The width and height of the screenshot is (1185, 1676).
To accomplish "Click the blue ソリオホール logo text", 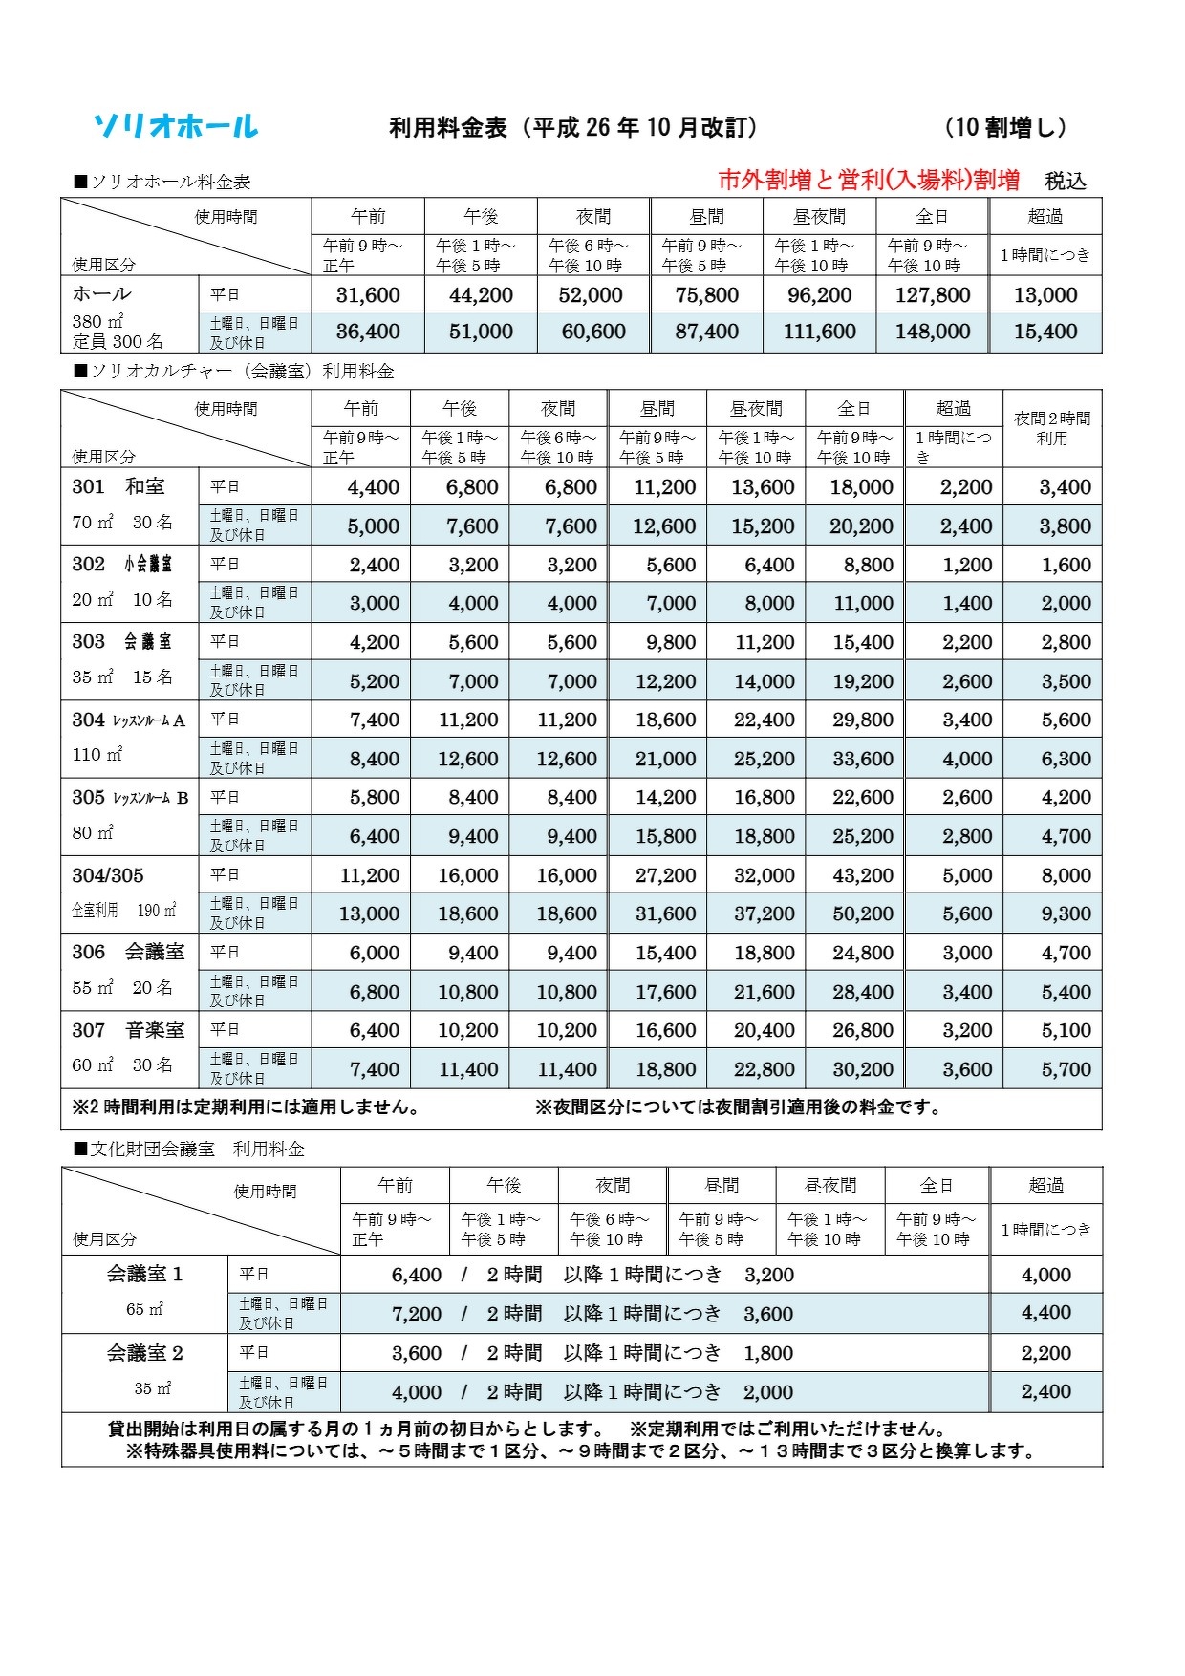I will (176, 126).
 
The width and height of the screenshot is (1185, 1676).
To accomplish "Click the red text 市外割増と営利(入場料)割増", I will (869, 180).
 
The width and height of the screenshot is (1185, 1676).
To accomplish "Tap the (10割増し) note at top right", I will (1005, 127).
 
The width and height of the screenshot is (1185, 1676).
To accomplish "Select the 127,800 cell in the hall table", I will (933, 295).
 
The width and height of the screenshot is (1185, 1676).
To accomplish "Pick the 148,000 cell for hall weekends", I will (933, 332).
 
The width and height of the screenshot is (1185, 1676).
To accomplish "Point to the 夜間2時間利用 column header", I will (1051, 428).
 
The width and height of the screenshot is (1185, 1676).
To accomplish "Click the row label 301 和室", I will (118, 486).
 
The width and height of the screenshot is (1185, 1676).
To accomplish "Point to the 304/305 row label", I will (108, 875).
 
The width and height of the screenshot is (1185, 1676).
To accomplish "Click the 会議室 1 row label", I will (144, 1275).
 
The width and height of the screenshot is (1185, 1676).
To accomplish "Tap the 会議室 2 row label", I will (144, 1353).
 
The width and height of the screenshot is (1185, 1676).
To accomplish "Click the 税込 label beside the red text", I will (1066, 181).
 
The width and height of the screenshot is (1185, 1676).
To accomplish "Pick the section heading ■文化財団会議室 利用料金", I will (189, 1150).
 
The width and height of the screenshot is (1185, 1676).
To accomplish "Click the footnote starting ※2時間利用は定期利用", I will (247, 1107).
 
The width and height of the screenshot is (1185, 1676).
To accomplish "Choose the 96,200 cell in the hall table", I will (819, 295).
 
